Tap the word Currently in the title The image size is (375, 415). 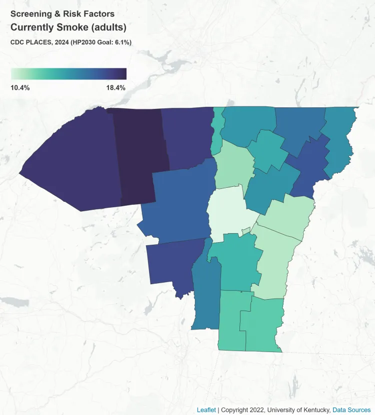(32, 27)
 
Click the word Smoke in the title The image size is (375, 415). (77, 27)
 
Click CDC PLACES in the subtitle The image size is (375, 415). (29, 42)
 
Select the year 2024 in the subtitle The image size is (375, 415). (58, 42)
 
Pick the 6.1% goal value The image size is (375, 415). (121, 42)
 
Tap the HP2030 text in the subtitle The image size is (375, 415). (84, 42)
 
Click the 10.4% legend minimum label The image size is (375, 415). (20, 88)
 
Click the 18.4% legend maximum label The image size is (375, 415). (115, 88)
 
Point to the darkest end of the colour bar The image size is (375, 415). (124, 74)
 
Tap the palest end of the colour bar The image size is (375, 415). (13, 74)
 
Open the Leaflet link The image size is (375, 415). (206, 410)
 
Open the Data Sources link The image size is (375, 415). (351, 410)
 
